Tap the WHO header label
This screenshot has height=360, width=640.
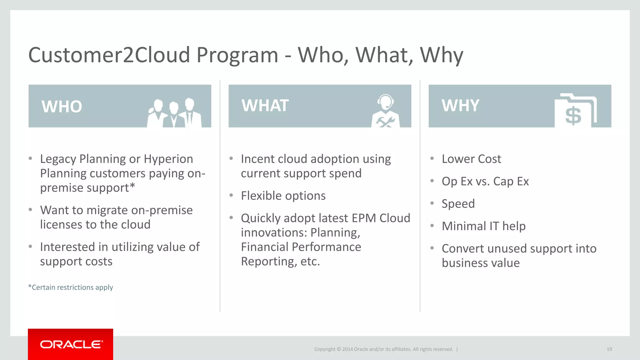(x=62, y=107)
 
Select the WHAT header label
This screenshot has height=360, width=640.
(x=265, y=106)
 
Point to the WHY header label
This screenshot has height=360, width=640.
(x=460, y=106)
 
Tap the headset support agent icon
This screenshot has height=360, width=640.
(x=385, y=111)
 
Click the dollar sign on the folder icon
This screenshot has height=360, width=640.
(x=573, y=116)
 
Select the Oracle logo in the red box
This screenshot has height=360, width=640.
(x=71, y=344)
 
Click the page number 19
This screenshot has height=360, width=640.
(x=609, y=349)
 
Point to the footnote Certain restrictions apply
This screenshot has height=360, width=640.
(x=71, y=287)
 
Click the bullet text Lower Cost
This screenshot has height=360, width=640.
(x=471, y=159)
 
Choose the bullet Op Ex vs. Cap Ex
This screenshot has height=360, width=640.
(x=485, y=182)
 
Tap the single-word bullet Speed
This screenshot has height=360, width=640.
(x=458, y=204)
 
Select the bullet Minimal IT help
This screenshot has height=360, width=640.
(x=483, y=226)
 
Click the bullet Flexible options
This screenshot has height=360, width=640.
(x=283, y=196)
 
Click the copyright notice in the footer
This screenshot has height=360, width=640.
(x=383, y=349)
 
